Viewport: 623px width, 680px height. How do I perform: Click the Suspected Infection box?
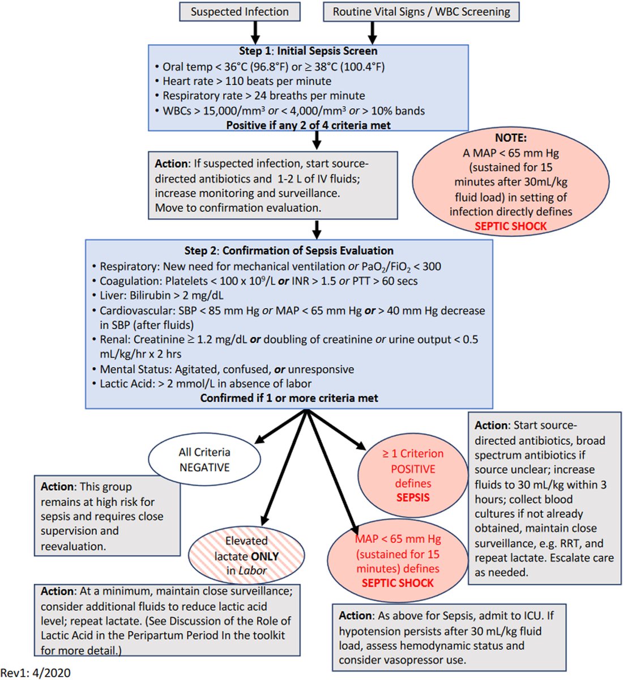click(x=239, y=12)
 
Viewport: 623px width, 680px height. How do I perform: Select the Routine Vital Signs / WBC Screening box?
click(x=421, y=12)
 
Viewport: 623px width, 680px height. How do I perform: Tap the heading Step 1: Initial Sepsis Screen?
click(x=308, y=51)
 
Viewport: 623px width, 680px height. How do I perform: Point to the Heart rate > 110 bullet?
click(x=246, y=81)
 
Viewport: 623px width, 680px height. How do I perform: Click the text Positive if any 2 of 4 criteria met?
click(x=308, y=125)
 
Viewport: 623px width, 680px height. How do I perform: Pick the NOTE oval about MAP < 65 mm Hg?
click(x=510, y=182)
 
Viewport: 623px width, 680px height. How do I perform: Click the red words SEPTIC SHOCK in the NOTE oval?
click(x=510, y=226)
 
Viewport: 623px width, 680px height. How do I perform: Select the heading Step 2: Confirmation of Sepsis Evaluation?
click(x=289, y=250)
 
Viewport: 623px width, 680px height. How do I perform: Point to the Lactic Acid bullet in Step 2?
click(x=205, y=384)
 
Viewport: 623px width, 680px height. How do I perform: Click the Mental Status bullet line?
click(x=227, y=369)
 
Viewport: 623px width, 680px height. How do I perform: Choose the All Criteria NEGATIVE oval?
click(x=204, y=460)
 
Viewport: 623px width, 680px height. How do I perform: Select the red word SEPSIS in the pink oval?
click(x=413, y=498)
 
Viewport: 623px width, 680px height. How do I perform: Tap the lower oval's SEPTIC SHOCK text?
click(x=398, y=583)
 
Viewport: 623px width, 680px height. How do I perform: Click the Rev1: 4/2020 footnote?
click(x=35, y=673)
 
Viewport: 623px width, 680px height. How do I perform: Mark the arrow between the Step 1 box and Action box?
click(x=317, y=139)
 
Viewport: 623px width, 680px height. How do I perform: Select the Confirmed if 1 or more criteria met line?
click(x=289, y=398)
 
